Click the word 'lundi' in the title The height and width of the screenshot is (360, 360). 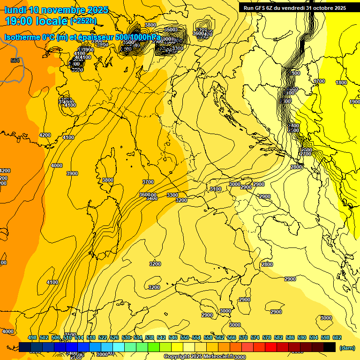point(15,10)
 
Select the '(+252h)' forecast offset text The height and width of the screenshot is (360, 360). point(83,21)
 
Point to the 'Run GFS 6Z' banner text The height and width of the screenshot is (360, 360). point(263,8)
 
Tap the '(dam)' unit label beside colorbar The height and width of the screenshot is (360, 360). point(347,347)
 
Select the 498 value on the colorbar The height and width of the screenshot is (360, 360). point(32,337)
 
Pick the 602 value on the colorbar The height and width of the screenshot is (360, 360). point(337,337)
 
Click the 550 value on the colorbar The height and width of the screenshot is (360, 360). point(185,337)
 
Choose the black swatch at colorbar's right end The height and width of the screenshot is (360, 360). point(330,347)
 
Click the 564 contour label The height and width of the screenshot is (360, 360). point(15,60)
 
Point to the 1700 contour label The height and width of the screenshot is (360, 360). point(319,81)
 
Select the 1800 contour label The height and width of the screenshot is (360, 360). point(341,82)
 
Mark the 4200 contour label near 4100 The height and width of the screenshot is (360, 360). point(45,135)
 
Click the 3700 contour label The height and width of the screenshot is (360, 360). point(148,182)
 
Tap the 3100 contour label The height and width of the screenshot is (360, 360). point(216,189)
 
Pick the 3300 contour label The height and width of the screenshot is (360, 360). point(172,195)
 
